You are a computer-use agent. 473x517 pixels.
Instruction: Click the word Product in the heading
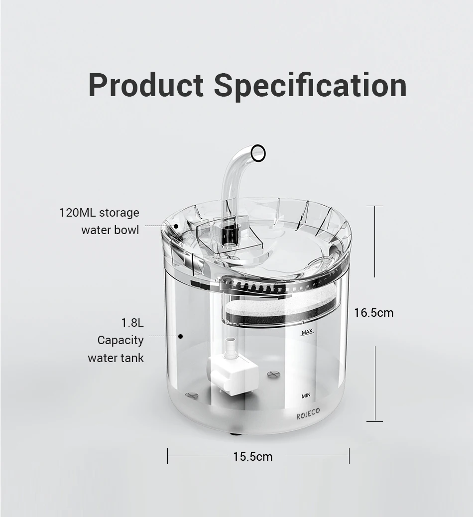pos(146,85)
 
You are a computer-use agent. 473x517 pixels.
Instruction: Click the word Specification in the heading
pos(310,86)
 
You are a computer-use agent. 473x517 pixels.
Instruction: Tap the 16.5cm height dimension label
pos(374,312)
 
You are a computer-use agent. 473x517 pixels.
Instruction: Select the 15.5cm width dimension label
pos(253,457)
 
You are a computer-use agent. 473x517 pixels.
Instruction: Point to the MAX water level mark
pos(307,332)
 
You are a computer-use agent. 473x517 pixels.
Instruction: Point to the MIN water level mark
pos(306,395)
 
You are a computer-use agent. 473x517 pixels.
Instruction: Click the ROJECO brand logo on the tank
pos(308,413)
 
